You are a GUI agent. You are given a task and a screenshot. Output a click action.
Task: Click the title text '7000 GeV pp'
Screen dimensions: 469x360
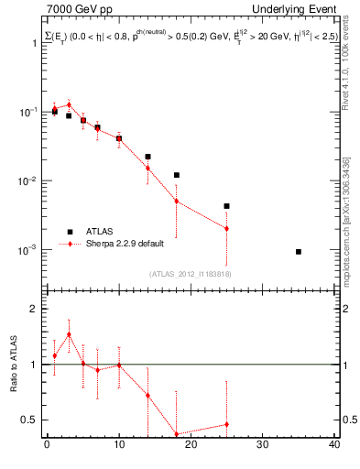(x=75, y=9)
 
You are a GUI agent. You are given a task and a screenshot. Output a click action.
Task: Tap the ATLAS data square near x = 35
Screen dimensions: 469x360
(x=299, y=251)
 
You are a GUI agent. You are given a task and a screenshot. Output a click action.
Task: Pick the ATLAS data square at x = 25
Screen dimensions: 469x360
(x=226, y=206)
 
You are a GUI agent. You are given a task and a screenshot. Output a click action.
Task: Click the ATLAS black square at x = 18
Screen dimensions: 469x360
(x=177, y=175)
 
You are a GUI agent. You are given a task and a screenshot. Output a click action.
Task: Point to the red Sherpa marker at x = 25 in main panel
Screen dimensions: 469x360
(x=226, y=228)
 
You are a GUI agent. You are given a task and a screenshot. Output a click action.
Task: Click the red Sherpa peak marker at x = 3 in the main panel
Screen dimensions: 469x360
(x=69, y=104)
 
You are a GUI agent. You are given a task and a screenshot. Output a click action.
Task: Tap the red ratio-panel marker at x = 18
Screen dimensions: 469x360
(x=177, y=434)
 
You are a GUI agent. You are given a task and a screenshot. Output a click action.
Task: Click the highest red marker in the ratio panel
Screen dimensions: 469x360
(x=69, y=334)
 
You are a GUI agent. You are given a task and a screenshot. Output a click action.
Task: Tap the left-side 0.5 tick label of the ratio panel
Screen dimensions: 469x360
(x=31, y=420)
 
